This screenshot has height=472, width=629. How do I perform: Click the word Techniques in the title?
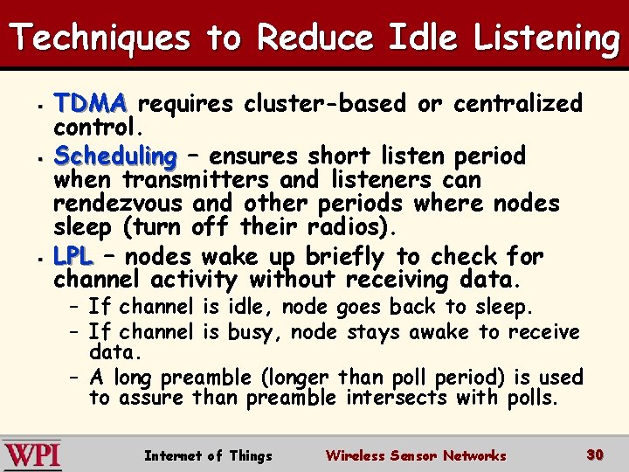[100, 38]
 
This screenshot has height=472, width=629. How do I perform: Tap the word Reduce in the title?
[315, 38]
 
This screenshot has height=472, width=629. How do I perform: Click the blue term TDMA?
[91, 104]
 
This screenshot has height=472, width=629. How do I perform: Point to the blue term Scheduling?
[115, 157]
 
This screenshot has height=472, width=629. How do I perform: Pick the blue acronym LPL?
[73, 257]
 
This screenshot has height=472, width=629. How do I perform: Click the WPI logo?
[31, 455]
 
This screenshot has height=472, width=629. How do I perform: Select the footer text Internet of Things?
[208, 455]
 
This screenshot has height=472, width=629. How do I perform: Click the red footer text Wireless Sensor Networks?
[415, 455]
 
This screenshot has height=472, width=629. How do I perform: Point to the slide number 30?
[595, 455]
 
